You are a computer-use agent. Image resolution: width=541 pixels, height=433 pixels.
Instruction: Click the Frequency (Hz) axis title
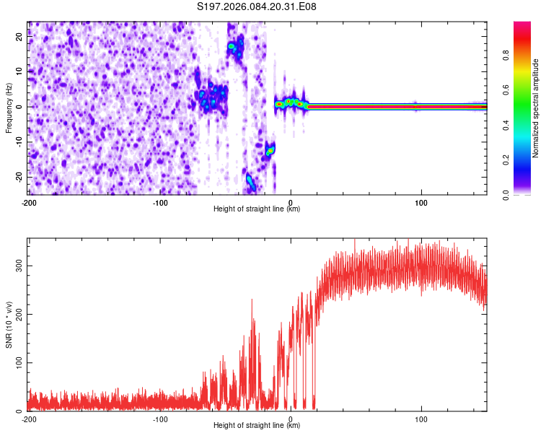pos(9,108)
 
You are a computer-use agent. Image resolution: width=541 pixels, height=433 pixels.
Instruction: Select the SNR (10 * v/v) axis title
pos(9,324)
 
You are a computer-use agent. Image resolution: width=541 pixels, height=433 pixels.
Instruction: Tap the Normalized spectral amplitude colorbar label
pos(536,108)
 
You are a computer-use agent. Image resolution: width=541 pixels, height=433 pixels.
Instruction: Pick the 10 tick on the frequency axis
pos(20,71)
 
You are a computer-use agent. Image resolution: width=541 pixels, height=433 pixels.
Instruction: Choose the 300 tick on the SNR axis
pos(17,266)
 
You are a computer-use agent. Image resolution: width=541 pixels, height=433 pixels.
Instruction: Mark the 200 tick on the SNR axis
pos(17,314)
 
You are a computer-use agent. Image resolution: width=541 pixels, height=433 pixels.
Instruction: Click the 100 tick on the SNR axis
pos(17,362)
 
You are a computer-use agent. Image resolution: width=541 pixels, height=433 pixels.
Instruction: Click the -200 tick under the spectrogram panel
pos(29,202)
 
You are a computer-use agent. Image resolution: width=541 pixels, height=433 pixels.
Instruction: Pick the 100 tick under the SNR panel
pos(421,419)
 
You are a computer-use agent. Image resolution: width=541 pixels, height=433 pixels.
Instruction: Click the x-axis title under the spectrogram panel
pos(257,209)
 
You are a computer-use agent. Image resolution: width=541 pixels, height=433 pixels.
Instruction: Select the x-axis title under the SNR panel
pos(257,426)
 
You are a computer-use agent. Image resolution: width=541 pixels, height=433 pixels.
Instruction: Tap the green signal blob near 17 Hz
pos(232,46)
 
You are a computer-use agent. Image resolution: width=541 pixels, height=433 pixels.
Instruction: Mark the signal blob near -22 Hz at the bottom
pos(250,181)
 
